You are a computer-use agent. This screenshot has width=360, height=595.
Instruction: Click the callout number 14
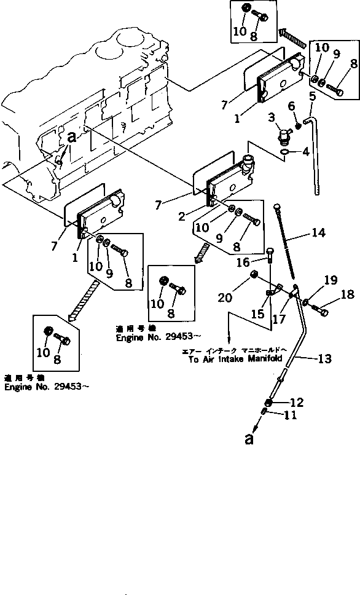(318, 233)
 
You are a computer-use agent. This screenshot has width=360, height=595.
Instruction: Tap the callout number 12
(297, 403)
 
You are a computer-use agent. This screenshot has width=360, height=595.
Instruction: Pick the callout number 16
(292, 106)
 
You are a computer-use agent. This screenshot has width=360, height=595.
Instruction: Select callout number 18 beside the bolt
(347, 294)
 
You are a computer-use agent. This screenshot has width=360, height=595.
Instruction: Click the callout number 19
(331, 280)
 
